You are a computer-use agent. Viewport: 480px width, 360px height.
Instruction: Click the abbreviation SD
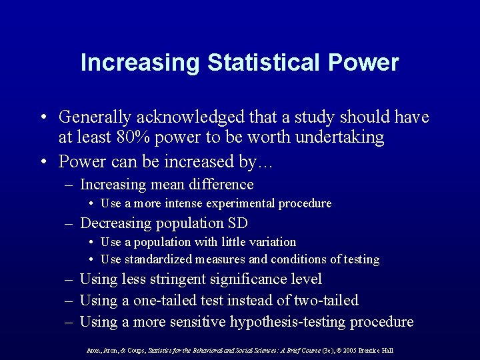[x=237, y=223]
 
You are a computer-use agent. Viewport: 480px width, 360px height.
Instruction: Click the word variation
[x=269, y=242]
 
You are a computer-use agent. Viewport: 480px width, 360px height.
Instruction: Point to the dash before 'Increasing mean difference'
[x=69, y=185]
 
